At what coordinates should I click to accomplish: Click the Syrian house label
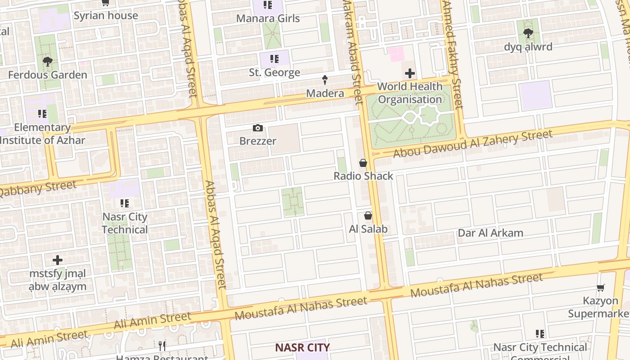point(106,16)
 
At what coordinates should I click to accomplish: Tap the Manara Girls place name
point(268,18)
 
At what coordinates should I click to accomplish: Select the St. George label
point(274,72)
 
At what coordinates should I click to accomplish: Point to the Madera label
point(325,93)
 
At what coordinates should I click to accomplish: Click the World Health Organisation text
point(409,93)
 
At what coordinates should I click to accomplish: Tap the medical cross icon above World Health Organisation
point(409,73)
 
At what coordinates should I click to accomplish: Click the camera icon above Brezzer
point(257,128)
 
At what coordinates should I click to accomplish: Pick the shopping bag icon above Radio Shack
point(363,163)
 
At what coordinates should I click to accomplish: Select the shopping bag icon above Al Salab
point(368,216)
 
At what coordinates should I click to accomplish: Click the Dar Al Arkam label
point(490,233)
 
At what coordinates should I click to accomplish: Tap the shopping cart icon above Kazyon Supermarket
point(600,288)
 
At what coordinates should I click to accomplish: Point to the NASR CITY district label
point(302,347)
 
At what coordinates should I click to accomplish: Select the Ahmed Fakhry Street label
point(452,54)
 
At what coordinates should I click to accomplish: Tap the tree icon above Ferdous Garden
point(47,61)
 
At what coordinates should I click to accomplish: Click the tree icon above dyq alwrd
point(528,33)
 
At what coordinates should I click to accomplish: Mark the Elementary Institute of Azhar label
point(42,134)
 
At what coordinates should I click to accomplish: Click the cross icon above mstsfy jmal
point(58,260)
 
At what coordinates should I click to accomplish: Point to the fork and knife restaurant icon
point(162,346)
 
